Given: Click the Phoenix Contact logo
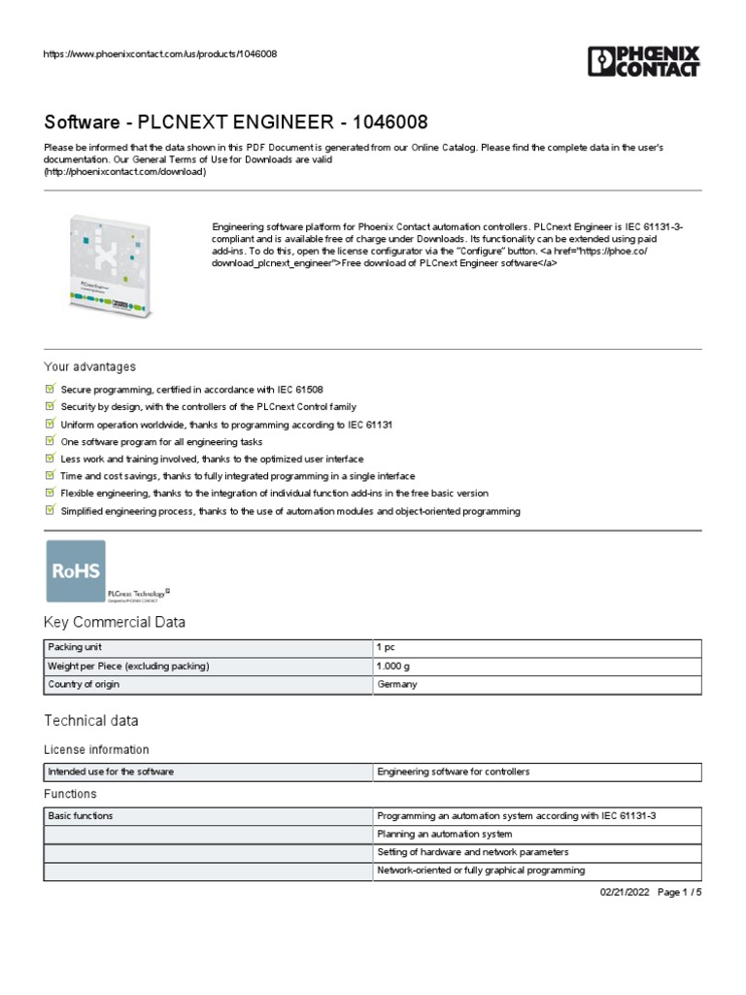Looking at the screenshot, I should tap(643, 60).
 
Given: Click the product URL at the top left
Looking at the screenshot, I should tap(160, 53).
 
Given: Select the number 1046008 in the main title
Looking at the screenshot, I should tap(390, 122).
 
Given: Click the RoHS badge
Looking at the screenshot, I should tap(76, 572).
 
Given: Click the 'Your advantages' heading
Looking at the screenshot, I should tap(90, 366).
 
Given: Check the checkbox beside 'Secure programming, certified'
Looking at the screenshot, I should tap(51, 389).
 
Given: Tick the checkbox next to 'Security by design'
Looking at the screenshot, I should tap(51, 406).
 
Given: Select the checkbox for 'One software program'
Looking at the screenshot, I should tap(51, 441).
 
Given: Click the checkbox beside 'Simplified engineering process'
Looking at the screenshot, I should tap(51, 511).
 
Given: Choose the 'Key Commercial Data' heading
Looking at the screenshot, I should tap(115, 622).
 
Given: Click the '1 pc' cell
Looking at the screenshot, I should tap(385, 647).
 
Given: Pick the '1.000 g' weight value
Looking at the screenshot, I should tap(393, 666).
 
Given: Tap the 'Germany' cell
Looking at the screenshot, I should tap(396, 684).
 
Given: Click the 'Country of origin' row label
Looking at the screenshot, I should tap(84, 684).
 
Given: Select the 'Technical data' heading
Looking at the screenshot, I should tap(91, 720).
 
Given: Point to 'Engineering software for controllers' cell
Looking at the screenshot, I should tap(454, 772).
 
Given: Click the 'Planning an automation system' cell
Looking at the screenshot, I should tap(444, 834).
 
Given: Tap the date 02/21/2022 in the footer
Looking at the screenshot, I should tap(618, 892).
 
